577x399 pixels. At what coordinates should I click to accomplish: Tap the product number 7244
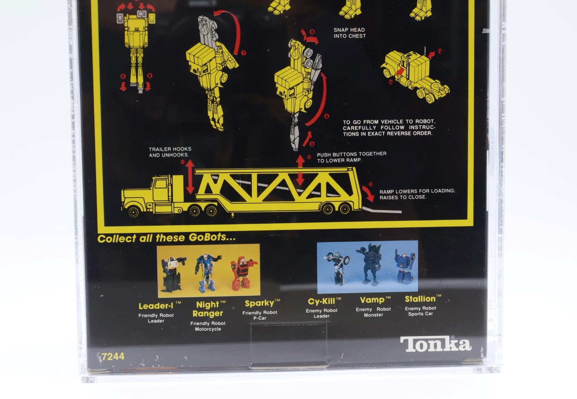[x=113, y=356]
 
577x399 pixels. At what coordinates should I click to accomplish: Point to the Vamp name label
[x=375, y=300]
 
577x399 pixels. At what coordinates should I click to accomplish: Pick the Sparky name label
[x=262, y=303]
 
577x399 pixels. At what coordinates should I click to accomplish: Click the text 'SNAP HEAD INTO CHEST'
[x=349, y=33]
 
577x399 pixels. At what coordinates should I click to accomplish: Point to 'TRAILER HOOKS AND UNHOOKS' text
[x=170, y=152]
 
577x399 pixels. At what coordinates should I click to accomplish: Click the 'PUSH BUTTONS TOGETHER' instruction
[x=352, y=154]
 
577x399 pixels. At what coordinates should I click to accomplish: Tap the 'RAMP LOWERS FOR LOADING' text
[x=417, y=191]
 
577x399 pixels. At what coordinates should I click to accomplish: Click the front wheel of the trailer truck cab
[x=133, y=212]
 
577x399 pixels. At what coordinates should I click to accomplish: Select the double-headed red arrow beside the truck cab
[x=190, y=176]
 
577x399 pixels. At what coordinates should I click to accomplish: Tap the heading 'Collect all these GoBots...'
[x=166, y=238]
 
